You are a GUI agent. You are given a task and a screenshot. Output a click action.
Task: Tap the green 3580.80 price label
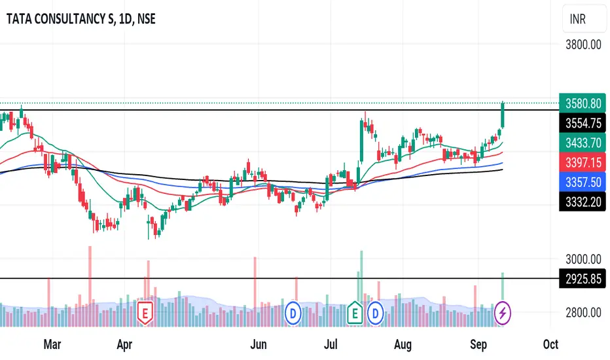coord(582,104)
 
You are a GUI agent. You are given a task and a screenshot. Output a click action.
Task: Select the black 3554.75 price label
coord(582,122)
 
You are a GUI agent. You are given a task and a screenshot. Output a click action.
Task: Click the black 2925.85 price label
coord(582,279)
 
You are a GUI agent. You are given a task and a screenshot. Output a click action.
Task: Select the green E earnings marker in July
coord(356,313)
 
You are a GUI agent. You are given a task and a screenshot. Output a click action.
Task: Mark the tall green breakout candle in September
coord(503,115)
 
